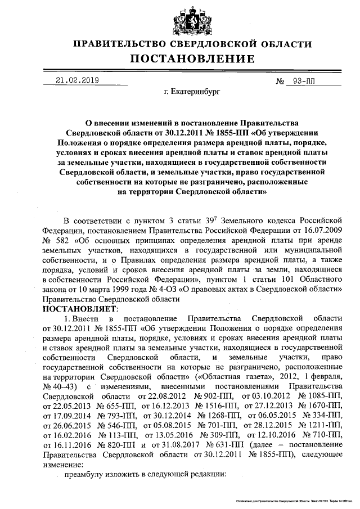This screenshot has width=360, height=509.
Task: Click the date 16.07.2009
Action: (321, 229)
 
